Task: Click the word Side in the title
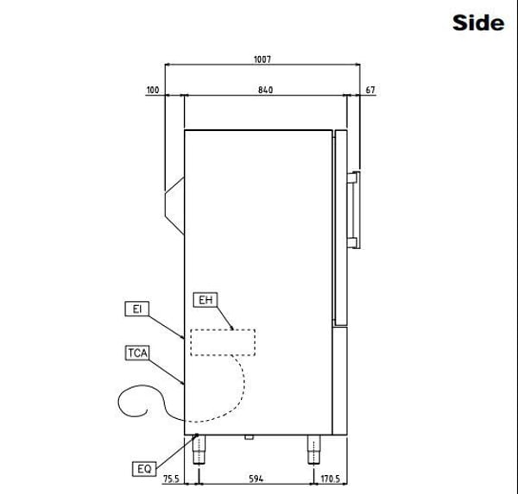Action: pos(478,22)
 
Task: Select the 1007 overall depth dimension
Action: pos(262,59)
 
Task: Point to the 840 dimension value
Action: pos(265,90)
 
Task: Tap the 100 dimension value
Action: pos(153,90)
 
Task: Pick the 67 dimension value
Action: pos(370,90)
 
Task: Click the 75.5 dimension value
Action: pos(172,478)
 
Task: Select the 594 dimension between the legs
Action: pos(256,478)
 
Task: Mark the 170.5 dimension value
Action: pos(331,478)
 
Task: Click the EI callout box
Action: pos(136,309)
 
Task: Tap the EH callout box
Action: pos(205,300)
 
